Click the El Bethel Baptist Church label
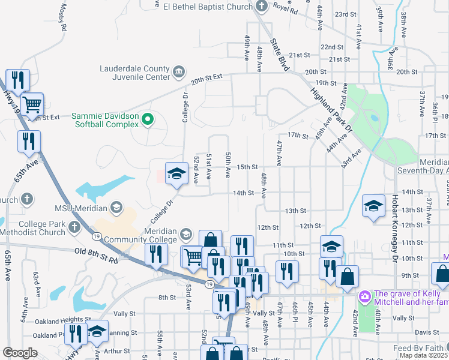[x=208, y=6]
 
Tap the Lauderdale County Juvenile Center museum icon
[x=179, y=73]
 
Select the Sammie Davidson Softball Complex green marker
[x=148, y=121]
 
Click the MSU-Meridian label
[x=80, y=208]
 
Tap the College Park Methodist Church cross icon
[x=73, y=227]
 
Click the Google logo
[x=20, y=353]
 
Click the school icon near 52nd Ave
[x=176, y=173]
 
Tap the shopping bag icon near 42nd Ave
[x=347, y=277]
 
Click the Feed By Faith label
[x=420, y=348]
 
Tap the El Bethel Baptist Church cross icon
[x=261, y=6]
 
